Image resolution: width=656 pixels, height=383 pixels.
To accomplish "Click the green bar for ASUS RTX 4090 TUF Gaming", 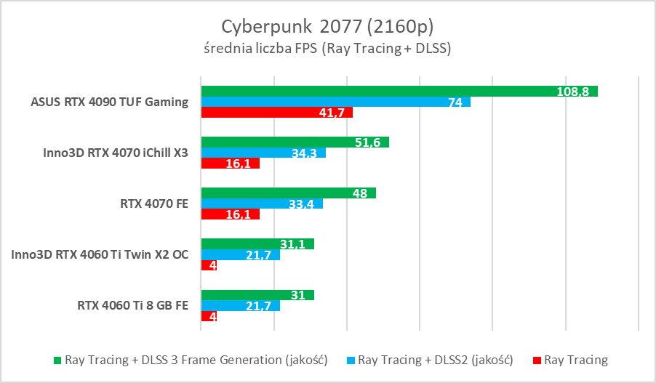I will click(399, 91).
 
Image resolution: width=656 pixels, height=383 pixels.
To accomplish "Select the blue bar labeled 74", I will click(335, 102).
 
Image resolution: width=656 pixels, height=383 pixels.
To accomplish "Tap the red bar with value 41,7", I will click(276, 113).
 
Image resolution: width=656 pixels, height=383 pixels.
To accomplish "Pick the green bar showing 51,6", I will click(295, 142).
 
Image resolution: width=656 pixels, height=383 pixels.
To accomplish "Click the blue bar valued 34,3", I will click(263, 153).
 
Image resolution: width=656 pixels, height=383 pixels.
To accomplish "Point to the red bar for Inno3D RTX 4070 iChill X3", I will click(230, 164).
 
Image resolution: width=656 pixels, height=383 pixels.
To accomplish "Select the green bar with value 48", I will click(288, 193).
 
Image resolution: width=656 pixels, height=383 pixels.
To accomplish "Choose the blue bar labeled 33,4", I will click(262, 203).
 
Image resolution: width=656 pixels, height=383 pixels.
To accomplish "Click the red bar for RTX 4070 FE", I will click(230, 214).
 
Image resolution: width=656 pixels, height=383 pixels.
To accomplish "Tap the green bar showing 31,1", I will click(257, 243).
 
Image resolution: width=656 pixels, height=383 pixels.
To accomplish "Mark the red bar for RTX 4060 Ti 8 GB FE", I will click(209, 316).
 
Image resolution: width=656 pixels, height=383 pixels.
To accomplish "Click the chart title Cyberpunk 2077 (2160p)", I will click(328, 27).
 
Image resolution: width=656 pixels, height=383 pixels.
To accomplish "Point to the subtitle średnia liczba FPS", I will click(328, 49).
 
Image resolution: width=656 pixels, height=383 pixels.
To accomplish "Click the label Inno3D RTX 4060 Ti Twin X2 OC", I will click(100, 254).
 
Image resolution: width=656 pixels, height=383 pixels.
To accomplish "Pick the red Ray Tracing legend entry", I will click(570, 360).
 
